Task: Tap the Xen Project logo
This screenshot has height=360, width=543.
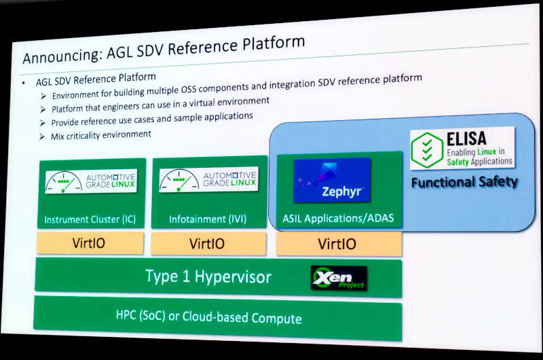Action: [x=337, y=278]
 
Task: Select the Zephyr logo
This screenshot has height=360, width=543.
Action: [x=332, y=181]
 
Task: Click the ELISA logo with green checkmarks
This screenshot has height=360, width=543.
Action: [x=462, y=149]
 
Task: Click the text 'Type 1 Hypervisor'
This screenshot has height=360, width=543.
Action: [x=208, y=276]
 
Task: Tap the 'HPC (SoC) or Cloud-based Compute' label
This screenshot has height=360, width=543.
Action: [x=208, y=317]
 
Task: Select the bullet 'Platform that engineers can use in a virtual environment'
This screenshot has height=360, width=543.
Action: [x=160, y=105]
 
